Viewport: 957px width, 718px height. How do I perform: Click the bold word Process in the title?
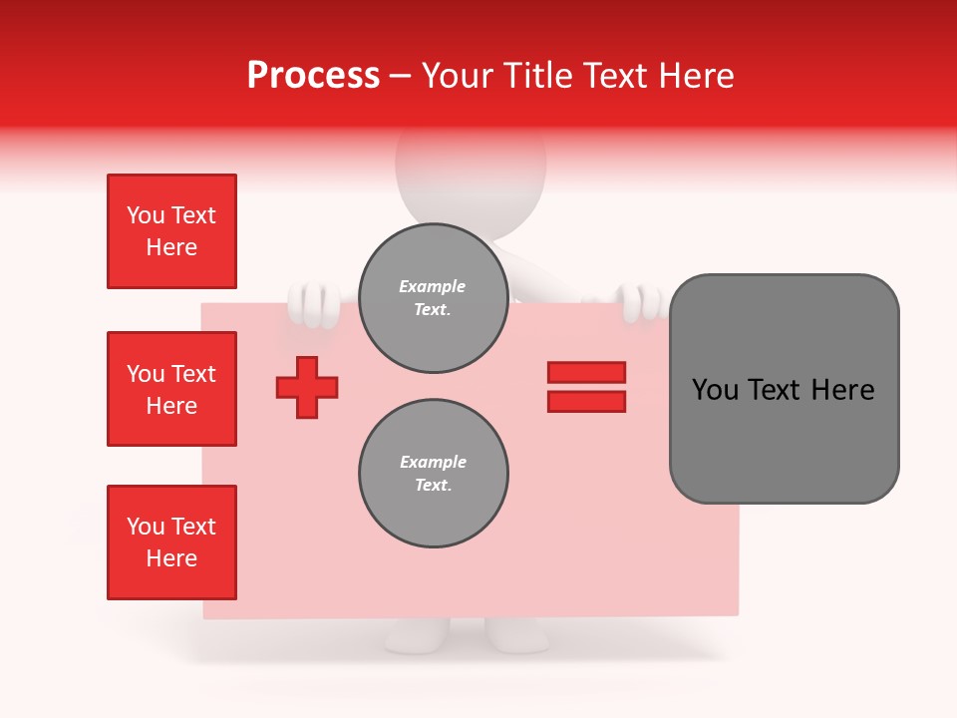tap(313, 76)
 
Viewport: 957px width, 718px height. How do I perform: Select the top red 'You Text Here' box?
tap(171, 231)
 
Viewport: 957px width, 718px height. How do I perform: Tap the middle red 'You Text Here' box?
tap(171, 389)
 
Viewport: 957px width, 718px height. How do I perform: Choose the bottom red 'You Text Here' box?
tap(171, 542)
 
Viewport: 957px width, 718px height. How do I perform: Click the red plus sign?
tap(307, 387)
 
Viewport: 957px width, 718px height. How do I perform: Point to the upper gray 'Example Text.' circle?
tap(433, 298)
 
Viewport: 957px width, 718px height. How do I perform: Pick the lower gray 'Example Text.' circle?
tap(433, 474)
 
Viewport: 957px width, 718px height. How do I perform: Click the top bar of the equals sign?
tap(586, 372)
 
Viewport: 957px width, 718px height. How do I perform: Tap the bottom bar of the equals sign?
tap(586, 401)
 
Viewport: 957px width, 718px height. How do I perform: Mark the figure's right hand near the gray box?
tap(637, 301)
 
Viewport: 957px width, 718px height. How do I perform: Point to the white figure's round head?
tap(471, 170)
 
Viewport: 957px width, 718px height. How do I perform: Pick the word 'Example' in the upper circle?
tap(433, 286)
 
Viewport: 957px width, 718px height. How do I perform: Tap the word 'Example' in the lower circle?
tap(433, 462)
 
